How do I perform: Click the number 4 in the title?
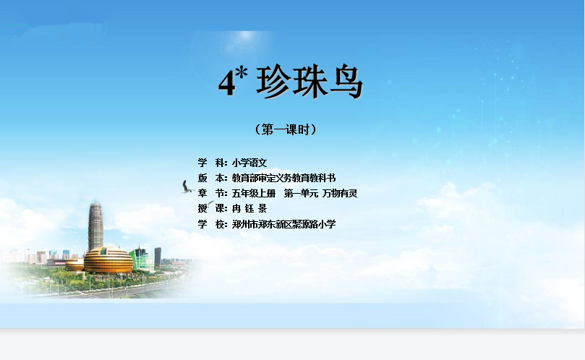227,83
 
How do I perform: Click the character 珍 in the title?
273,82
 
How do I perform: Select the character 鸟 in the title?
345,82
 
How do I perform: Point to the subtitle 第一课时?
286,129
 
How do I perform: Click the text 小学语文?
249,163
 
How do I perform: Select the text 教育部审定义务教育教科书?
283,178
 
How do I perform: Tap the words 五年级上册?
254,193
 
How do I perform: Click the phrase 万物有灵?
340,193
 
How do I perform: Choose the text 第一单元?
301,193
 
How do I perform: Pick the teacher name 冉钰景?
249,208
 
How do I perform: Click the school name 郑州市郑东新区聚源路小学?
283,224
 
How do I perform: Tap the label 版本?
213,178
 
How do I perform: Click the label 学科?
213,163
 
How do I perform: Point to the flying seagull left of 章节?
187,187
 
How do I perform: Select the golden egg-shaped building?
108,260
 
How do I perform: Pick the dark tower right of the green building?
158,257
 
